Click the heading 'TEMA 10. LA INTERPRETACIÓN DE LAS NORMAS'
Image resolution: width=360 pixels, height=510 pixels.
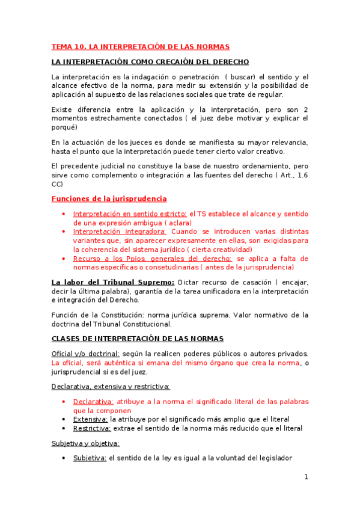[x=140, y=46]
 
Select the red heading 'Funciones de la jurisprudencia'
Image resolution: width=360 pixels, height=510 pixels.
[x=109, y=198]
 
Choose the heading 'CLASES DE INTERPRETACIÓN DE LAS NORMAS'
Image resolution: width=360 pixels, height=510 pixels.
[x=138, y=339]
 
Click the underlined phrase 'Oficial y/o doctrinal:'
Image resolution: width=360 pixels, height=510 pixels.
[x=85, y=354]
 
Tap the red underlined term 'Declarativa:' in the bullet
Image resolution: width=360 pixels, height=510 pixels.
[x=93, y=402]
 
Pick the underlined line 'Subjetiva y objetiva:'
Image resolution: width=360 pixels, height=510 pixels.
[x=85, y=443]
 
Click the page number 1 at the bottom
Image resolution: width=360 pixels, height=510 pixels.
[x=306, y=477]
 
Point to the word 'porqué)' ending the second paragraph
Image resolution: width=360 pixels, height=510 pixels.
[x=64, y=127]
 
